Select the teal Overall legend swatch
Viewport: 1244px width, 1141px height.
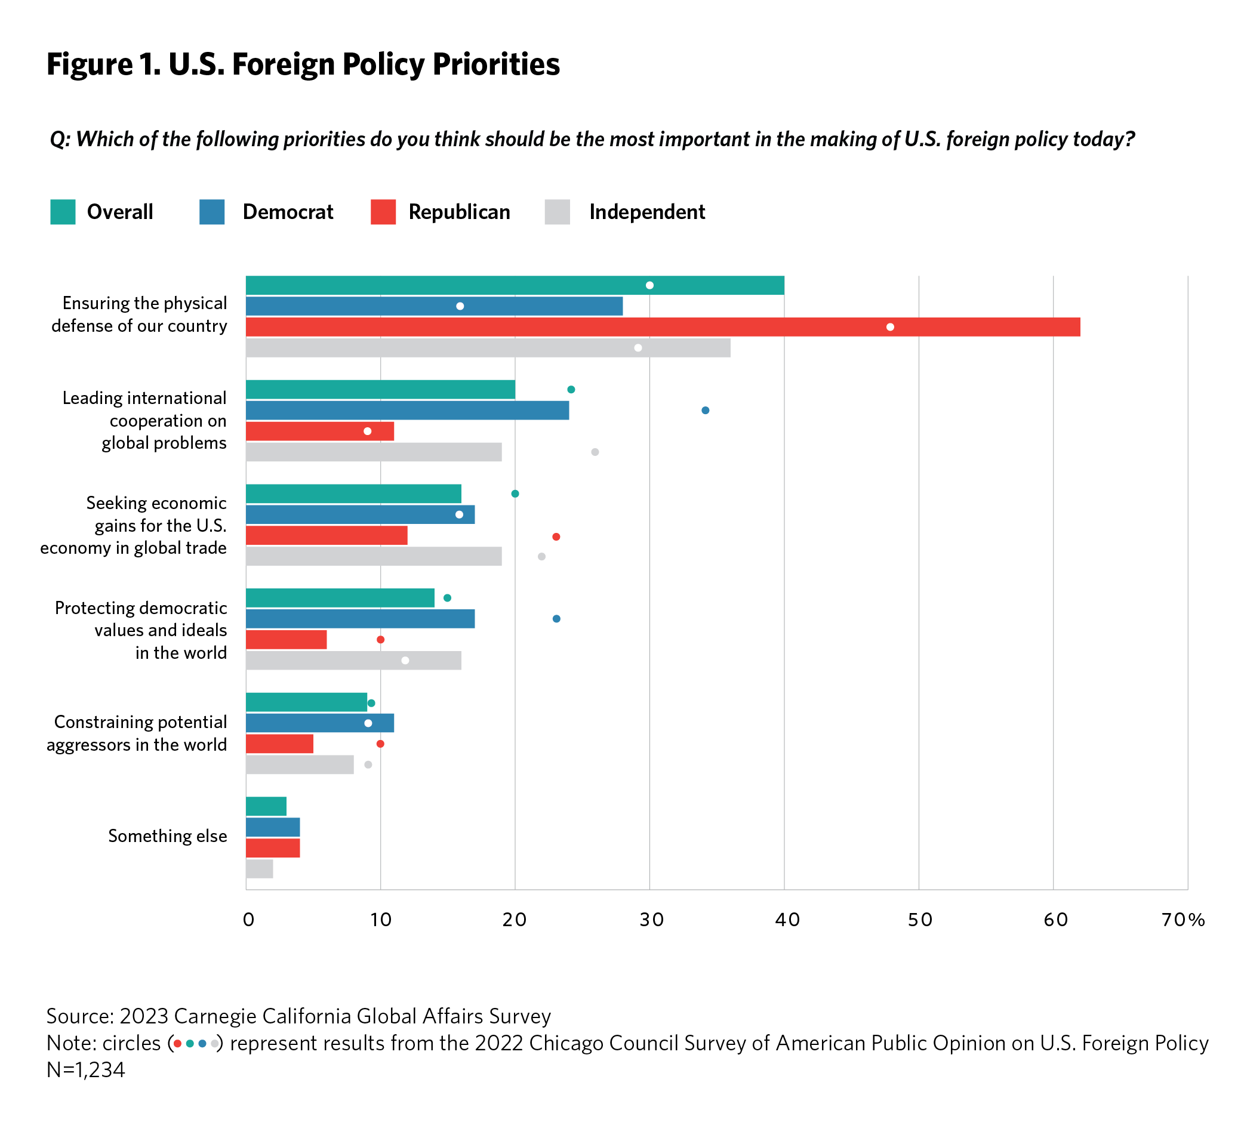tap(63, 212)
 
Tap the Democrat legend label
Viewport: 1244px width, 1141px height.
tap(288, 212)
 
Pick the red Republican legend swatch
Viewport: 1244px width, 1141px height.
tap(383, 212)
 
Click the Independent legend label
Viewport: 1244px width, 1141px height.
tap(646, 212)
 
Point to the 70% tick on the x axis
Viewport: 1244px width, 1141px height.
tap(1183, 920)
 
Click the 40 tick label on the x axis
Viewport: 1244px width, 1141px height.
tap(787, 920)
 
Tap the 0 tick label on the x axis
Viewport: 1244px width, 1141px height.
tap(248, 920)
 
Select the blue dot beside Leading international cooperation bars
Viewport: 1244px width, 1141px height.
tap(706, 411)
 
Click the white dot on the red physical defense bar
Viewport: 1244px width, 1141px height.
tap(890, 327)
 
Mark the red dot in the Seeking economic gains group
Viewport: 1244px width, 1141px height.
tap(556, 536)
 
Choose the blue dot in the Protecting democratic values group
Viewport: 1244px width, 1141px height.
tap(556, 619)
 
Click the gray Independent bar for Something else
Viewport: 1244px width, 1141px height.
tap(260, 869)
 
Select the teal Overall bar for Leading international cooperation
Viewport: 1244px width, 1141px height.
tap(380, 390)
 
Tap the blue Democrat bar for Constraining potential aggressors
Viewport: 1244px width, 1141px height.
tap(320, 723)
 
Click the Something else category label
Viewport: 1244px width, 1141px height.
tap(167, 836)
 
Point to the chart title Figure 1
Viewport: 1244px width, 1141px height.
tap(303, 64)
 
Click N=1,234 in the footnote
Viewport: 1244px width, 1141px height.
tap(85, 1069)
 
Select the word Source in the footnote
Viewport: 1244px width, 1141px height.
tap(79, 1016)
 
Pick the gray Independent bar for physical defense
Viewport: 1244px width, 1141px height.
tap(488, 349)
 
